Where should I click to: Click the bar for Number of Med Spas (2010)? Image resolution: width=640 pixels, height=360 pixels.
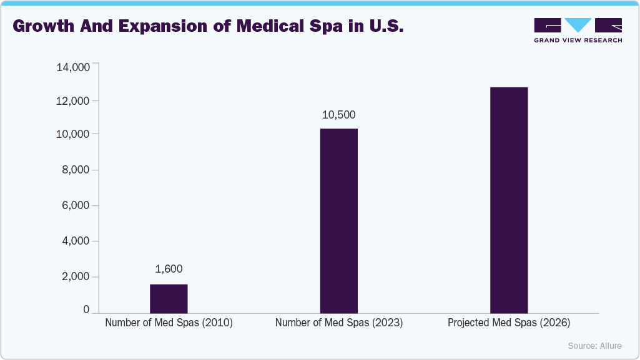[x=169, y=298]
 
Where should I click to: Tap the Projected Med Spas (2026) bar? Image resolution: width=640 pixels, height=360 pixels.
[x=509, y=200]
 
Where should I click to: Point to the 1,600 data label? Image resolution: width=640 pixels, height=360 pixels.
[x=169, y=269]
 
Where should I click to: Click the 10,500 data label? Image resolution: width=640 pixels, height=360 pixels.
[x=338, y=115]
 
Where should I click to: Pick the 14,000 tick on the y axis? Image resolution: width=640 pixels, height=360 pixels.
[x=73, y=67]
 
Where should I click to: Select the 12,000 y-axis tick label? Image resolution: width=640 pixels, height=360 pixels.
[x=73, y=101]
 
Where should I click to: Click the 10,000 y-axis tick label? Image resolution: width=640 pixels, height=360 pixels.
[x=73, y=135]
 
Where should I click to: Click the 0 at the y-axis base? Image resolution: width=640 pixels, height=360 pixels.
[x=87, y=309]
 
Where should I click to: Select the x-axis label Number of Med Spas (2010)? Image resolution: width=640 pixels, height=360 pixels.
[x=169, y=323]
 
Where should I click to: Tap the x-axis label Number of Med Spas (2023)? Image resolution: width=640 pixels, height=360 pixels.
[x=339, y=323]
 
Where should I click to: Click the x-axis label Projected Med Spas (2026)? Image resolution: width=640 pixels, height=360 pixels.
[x=509, y=323]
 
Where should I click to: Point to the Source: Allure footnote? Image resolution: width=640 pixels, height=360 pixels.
[x=594, y=346]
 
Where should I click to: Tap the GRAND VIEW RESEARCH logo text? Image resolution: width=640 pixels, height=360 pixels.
[x=578, y=41]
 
